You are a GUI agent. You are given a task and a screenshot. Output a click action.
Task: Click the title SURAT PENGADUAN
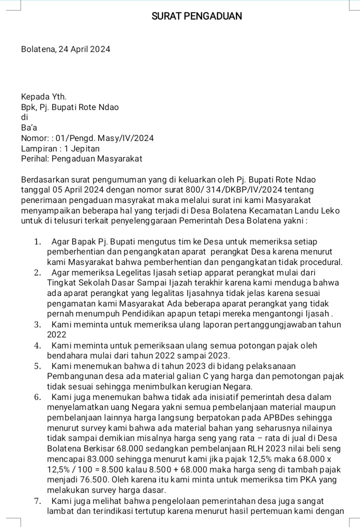point(196,16)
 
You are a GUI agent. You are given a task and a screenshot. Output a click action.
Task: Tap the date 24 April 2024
point(84,49)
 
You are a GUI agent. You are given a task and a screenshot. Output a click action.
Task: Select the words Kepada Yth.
point(43,96)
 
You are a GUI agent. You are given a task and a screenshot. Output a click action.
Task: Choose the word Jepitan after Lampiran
point(85,148)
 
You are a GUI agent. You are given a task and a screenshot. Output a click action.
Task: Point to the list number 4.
point(37,345)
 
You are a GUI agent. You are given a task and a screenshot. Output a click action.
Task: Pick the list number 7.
point(37,500)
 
